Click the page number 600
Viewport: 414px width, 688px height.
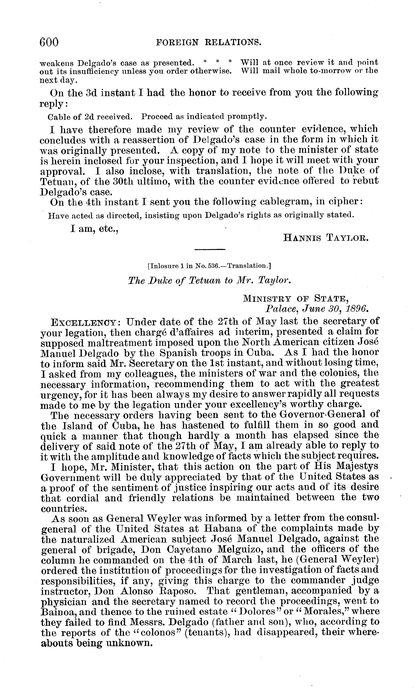(x=49, y=42)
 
